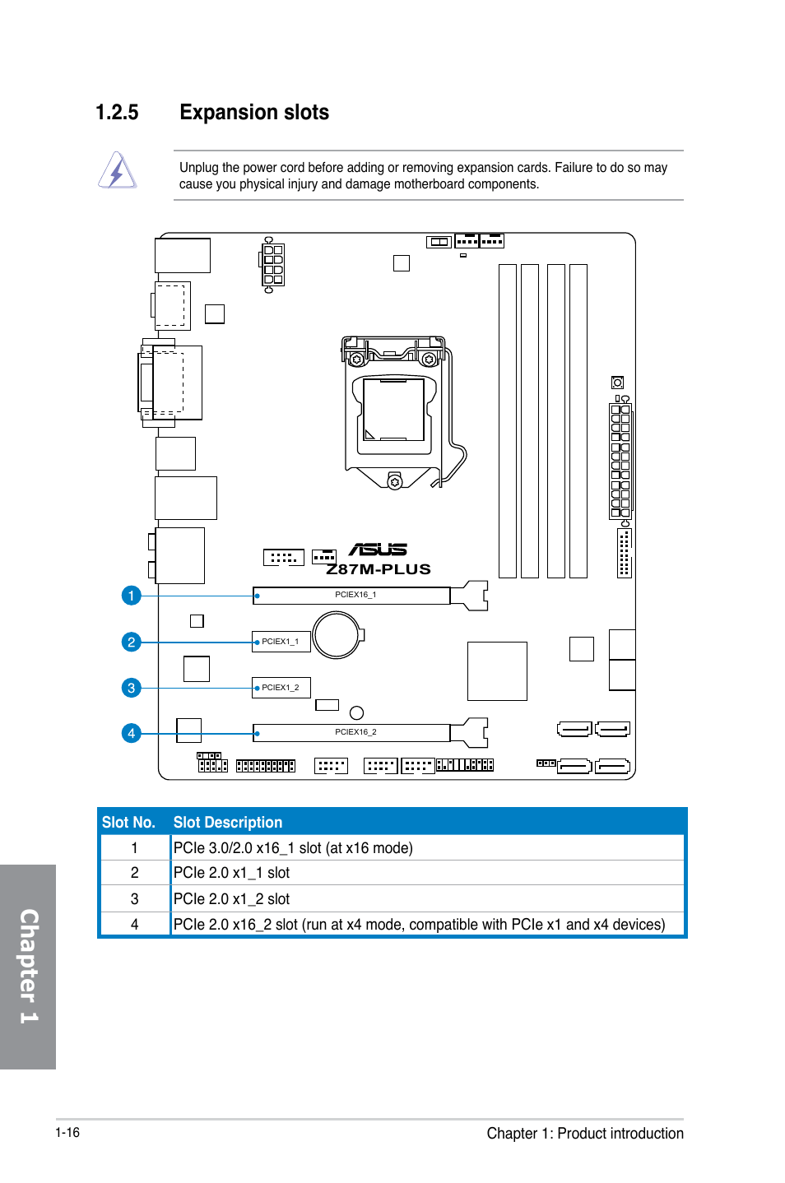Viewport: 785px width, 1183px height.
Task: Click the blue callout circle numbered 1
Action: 131,596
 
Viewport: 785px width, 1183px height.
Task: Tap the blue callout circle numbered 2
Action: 131,643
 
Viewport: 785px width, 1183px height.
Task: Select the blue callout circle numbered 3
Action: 131,688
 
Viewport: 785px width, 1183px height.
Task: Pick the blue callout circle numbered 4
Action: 131,734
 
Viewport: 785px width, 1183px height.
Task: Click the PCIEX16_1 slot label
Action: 355,595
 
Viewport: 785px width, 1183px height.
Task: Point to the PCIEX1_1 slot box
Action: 281,642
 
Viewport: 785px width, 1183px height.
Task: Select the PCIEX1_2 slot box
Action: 281,688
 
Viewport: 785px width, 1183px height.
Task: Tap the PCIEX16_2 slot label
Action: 355,732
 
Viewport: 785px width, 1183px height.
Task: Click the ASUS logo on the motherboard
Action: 378,550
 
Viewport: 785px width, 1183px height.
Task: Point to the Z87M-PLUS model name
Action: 379,569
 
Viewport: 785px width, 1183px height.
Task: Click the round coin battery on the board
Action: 337,635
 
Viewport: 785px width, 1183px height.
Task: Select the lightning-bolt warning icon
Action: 118,170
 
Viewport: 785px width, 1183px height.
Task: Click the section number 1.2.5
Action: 117,113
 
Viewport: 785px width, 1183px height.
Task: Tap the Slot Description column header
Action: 228,823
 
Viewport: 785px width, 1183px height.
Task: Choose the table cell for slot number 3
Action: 135,899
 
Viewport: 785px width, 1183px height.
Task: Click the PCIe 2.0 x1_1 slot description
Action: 231,873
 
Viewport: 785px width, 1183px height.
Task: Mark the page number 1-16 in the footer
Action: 67,1132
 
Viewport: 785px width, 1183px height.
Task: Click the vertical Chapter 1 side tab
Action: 28,967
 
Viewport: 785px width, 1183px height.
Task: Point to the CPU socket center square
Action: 393,410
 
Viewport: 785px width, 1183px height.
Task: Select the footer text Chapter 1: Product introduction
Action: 585,1134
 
